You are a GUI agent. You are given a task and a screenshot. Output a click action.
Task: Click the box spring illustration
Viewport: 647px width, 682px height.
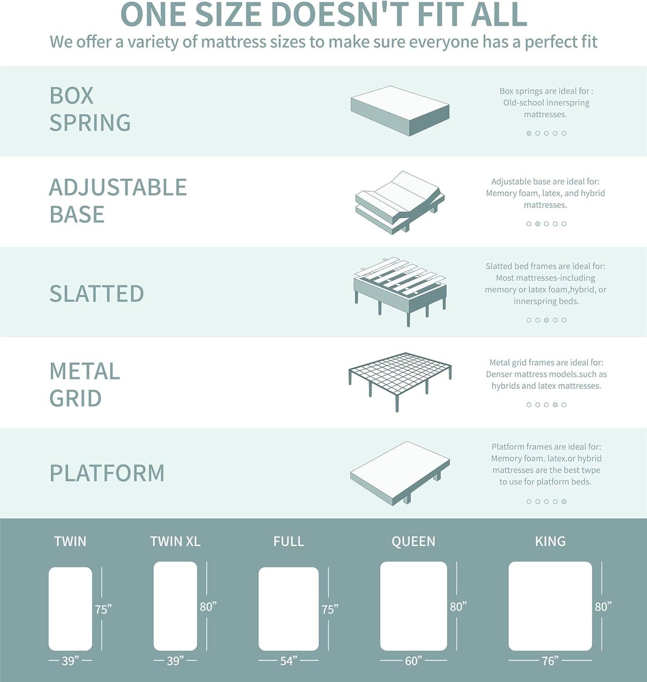tap(400, 110)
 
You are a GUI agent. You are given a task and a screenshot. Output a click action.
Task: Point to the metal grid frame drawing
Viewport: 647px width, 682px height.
tap(400, 380)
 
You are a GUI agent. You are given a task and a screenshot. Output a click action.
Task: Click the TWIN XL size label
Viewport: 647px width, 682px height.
tap(175, 541)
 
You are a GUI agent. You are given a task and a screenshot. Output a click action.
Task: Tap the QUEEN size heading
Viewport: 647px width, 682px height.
tap(413, 541)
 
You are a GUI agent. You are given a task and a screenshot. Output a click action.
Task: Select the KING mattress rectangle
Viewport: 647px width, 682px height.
tap(550, 606)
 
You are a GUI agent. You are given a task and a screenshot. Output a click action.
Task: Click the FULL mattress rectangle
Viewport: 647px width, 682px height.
tap(289, 608)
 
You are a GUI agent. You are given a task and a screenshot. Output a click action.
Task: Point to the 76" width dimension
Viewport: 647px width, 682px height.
tap(550, 660)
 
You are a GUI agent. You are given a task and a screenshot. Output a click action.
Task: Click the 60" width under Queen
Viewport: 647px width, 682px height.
tap(413, 660)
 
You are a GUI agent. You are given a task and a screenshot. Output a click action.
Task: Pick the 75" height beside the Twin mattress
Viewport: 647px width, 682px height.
tap(103, 609)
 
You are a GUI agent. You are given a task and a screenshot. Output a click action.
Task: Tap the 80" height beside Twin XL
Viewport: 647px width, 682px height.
tap(208, 607)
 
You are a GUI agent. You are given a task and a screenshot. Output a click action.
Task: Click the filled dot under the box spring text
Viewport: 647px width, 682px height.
tap(529, 133)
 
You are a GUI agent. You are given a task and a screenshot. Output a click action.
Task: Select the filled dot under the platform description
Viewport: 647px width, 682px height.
tap(564, 501)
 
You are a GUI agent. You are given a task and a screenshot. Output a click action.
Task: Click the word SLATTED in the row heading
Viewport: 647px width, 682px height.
tap(96, 293)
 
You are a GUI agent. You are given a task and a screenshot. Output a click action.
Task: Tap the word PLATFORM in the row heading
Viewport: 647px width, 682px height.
tap(107, 473)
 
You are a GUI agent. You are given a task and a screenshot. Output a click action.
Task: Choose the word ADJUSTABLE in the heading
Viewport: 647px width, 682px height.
tap(118, 187)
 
